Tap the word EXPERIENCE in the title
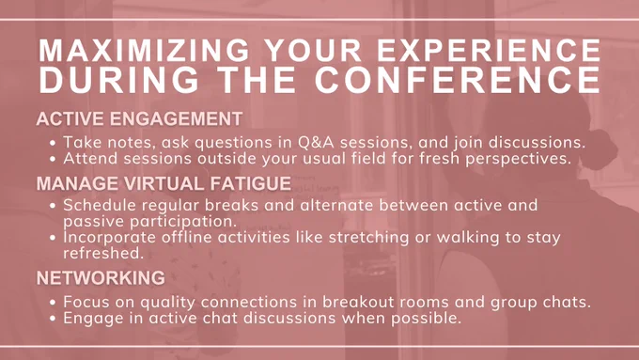(489, 50)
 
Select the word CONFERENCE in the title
(458, 79)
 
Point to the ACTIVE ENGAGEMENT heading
(139, 119)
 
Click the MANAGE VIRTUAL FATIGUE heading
(164, 183)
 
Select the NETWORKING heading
(101, 278)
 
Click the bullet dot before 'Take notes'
(53, 143)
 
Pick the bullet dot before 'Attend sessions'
(53, 159)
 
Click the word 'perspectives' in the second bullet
(518, 159)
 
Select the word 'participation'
(183, 222)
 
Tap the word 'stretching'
(368, 237)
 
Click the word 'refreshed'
(103, 253)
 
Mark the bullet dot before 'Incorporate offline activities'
(53, 238)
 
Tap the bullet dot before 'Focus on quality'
(53, 303)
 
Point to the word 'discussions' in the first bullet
(538, 143)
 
